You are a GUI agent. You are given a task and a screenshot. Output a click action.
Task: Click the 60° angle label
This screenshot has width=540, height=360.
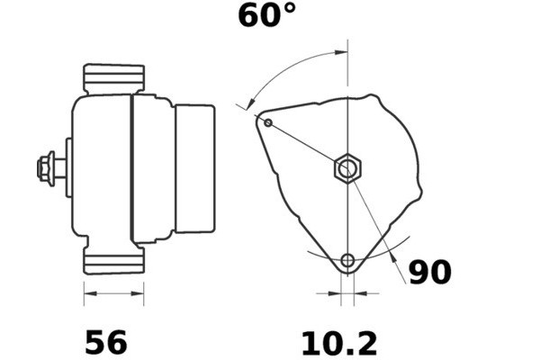[x=267, y=15]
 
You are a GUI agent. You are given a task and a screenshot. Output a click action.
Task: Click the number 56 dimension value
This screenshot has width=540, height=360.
[x=106, y=342]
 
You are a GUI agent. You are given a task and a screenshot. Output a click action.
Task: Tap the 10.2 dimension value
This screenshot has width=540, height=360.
[x=339, y=344]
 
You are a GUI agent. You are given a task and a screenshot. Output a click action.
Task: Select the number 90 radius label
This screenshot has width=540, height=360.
[x=430, y=272]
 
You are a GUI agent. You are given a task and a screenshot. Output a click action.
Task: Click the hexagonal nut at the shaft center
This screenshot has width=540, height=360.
[x=347, y=169]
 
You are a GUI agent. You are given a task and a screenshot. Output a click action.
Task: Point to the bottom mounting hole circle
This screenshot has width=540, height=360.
[x=347, y=261]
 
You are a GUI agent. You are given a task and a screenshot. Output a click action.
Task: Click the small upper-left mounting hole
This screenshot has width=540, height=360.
[x=268, y=122]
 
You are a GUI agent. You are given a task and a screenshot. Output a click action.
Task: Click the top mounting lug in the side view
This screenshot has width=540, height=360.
[x=114, y=78]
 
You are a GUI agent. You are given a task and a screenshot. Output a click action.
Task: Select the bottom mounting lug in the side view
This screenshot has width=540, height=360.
[x=114, y=260]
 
